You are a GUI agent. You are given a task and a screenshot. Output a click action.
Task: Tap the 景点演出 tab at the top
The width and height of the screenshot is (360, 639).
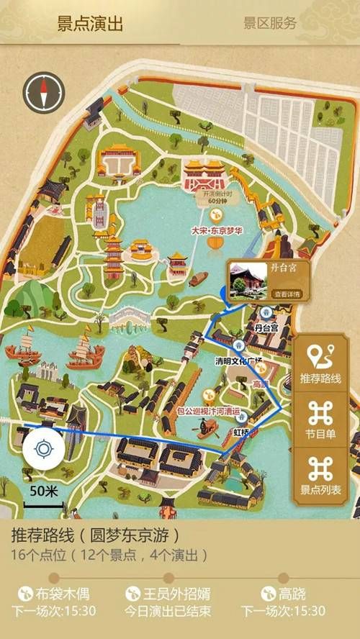[90, 23]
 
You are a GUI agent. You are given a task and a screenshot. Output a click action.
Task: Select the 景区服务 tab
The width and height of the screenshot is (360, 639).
[270, 23]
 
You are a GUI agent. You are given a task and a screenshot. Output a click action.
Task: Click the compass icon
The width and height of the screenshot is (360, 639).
[43, 91]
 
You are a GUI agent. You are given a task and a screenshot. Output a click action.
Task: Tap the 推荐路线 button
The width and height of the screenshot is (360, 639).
[320, 364]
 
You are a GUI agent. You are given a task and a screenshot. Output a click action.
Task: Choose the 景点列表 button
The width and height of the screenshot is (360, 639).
[320, 475]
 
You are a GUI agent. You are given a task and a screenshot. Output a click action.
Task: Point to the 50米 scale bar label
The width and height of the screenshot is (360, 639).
[44, 491]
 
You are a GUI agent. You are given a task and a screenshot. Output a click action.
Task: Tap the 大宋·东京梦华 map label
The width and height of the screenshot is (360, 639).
[214, 231]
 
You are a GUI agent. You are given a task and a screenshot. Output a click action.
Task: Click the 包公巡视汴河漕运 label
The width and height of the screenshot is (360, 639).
[208, 412]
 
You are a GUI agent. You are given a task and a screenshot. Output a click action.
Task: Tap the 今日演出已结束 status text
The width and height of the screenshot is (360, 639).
[170, 612]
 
